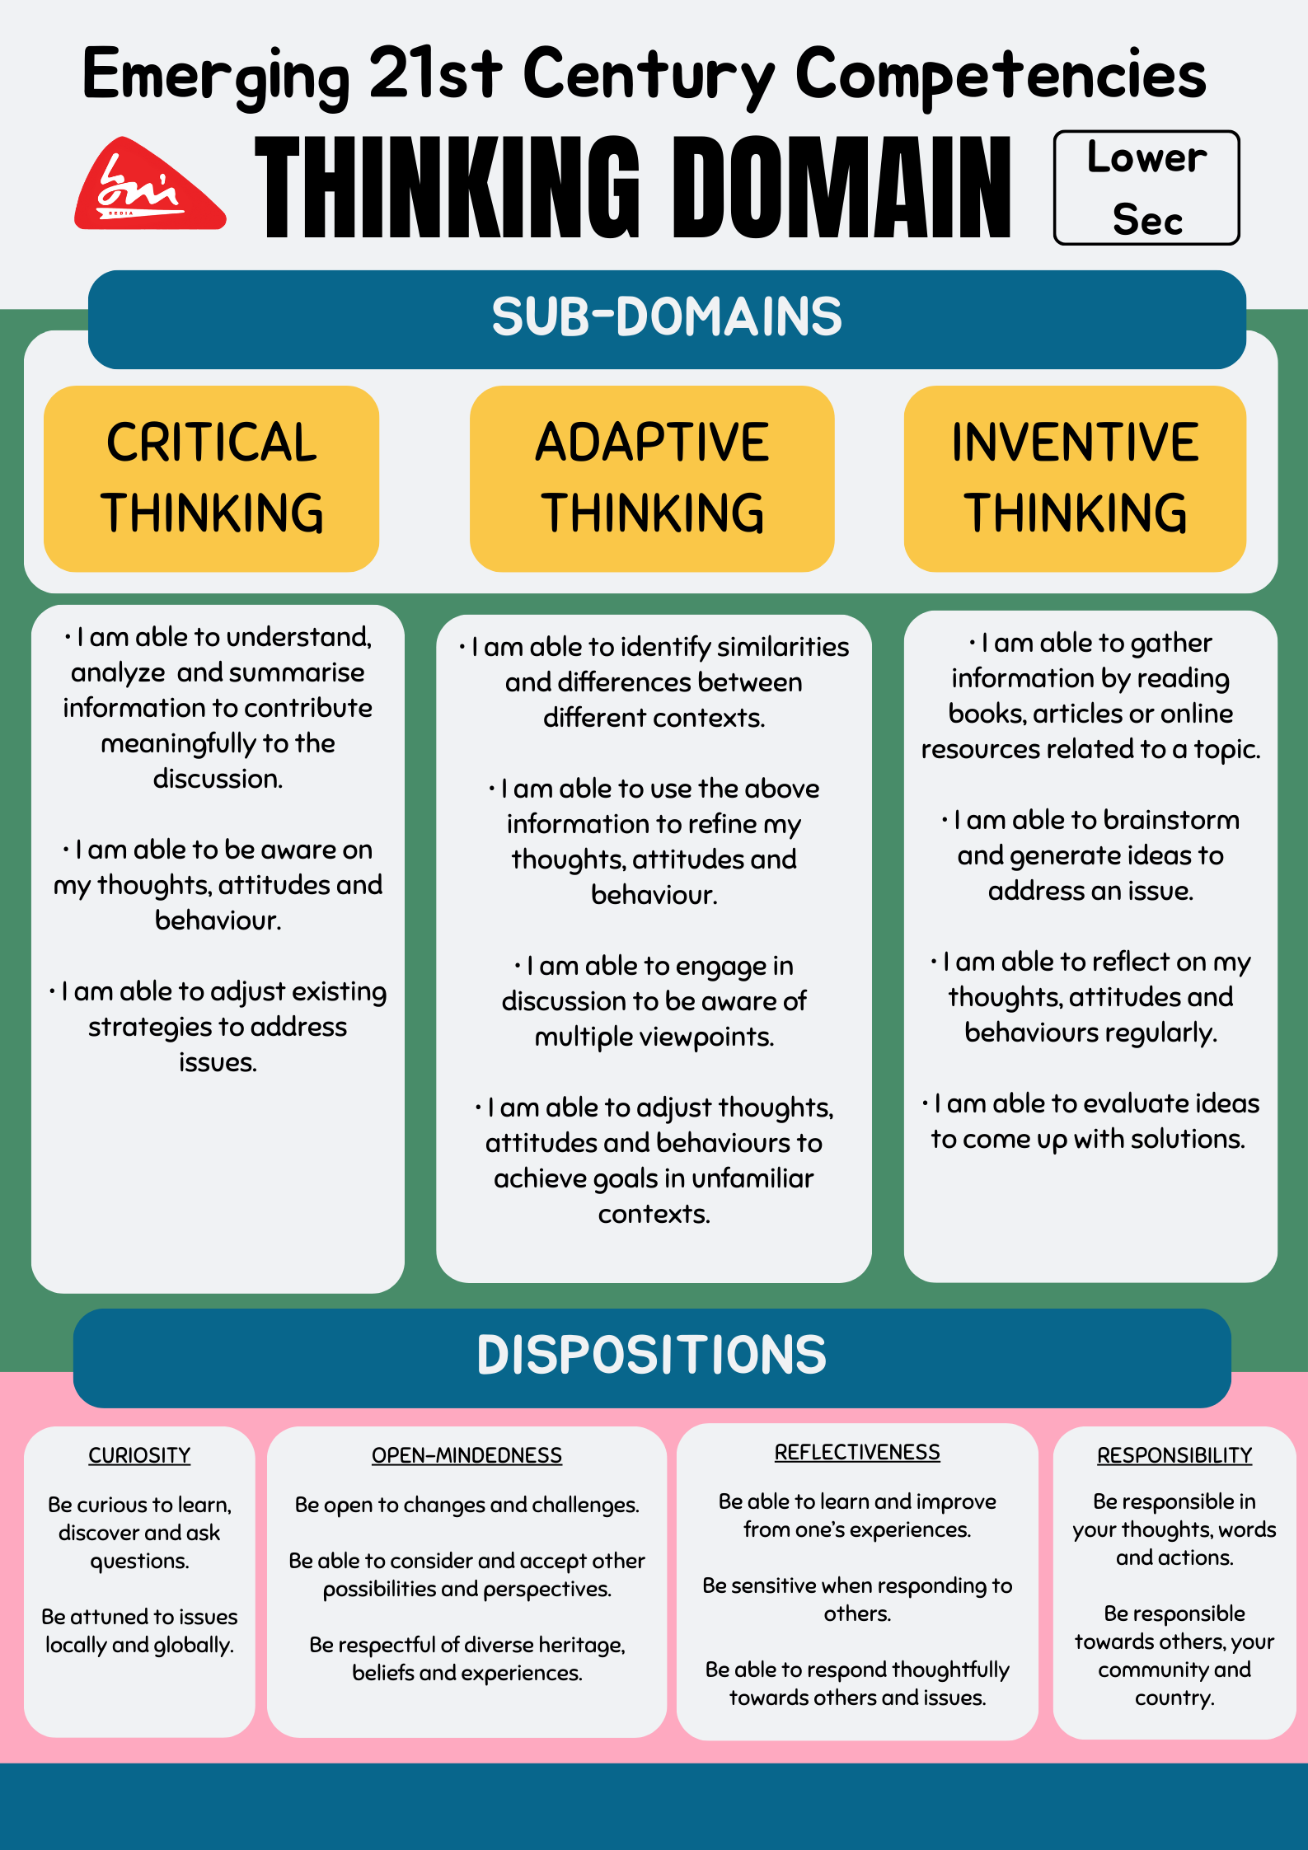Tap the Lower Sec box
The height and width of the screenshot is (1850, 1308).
(1146, 188)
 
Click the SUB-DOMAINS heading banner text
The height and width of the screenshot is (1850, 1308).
(666, 317)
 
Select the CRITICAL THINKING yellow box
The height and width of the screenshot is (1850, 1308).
(211, 478)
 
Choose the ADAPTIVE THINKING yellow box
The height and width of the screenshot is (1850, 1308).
(652, 478)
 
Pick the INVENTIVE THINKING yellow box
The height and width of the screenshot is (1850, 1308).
(1075, 478)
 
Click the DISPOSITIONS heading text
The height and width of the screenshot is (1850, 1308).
(651, 1356)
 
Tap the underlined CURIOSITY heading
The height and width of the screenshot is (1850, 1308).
(139, 1455)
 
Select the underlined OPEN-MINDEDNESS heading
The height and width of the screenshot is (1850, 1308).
(466, 1455)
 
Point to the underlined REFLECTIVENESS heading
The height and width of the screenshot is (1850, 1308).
(857, 1452)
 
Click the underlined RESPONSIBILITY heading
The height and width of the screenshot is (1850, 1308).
(1174, 1455)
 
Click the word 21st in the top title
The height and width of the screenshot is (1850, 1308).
(434, 74)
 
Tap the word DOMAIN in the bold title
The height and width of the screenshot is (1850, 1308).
(841, 188)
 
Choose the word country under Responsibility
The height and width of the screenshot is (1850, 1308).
(1174, 1698)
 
